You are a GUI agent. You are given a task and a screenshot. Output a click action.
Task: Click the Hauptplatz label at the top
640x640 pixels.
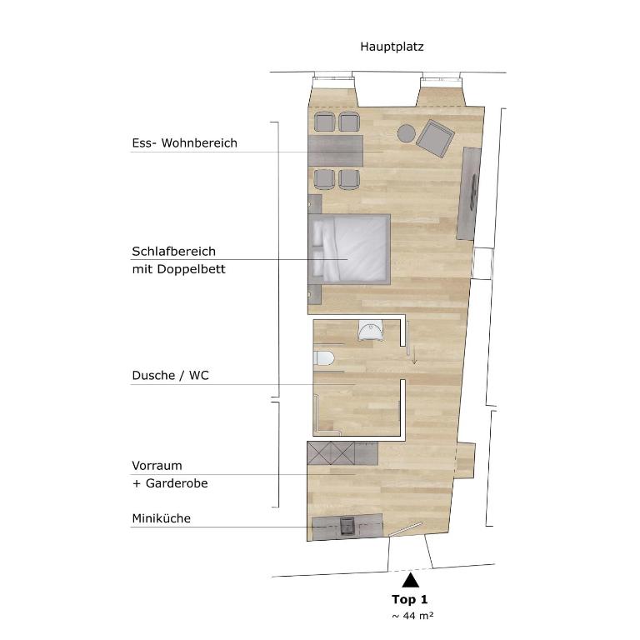click(x=392, y=47)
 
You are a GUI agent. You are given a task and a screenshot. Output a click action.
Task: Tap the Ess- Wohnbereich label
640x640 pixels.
click(x=184, y=143)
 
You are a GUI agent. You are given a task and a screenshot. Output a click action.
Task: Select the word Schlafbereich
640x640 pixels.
click(x=173, y=252)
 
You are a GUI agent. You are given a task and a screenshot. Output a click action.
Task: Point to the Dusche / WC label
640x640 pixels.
click(x=170, y=376)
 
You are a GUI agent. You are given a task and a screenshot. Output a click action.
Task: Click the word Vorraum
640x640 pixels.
click(x=157, y=466)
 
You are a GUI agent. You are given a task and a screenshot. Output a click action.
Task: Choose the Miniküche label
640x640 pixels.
click(x=161, y=518)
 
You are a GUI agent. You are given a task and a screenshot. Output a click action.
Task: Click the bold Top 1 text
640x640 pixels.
click(x=409, y=599)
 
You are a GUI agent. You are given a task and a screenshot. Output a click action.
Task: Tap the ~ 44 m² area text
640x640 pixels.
click(x=412, y=616)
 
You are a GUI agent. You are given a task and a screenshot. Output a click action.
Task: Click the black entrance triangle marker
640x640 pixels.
click(x=410, y=580)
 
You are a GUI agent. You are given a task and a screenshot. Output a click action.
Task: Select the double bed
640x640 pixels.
click(x=349, y=249)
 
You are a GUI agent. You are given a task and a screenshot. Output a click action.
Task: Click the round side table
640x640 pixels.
click(x=407, y=133)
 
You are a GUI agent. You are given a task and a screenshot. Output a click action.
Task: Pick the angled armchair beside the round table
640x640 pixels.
click(x=435, y=138)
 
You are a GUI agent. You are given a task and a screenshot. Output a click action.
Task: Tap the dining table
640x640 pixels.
click(x=336, y=151)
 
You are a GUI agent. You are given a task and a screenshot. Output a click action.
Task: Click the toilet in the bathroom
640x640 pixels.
click(x=323, y=358)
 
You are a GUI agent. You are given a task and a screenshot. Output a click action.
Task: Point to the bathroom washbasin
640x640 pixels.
click(x=371, y=330)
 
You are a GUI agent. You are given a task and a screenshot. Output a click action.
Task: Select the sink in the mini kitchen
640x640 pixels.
click(x=347, y=526)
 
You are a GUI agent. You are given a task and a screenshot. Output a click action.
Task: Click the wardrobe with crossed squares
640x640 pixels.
click(x=332, y=453)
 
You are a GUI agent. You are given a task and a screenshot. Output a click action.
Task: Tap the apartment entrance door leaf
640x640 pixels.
click(x=405, y=529)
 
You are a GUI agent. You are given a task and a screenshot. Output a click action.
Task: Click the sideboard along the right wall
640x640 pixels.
click(x=468, y=194)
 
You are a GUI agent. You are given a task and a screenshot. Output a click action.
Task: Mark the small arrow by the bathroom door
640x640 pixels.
click(x=414, y=354)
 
